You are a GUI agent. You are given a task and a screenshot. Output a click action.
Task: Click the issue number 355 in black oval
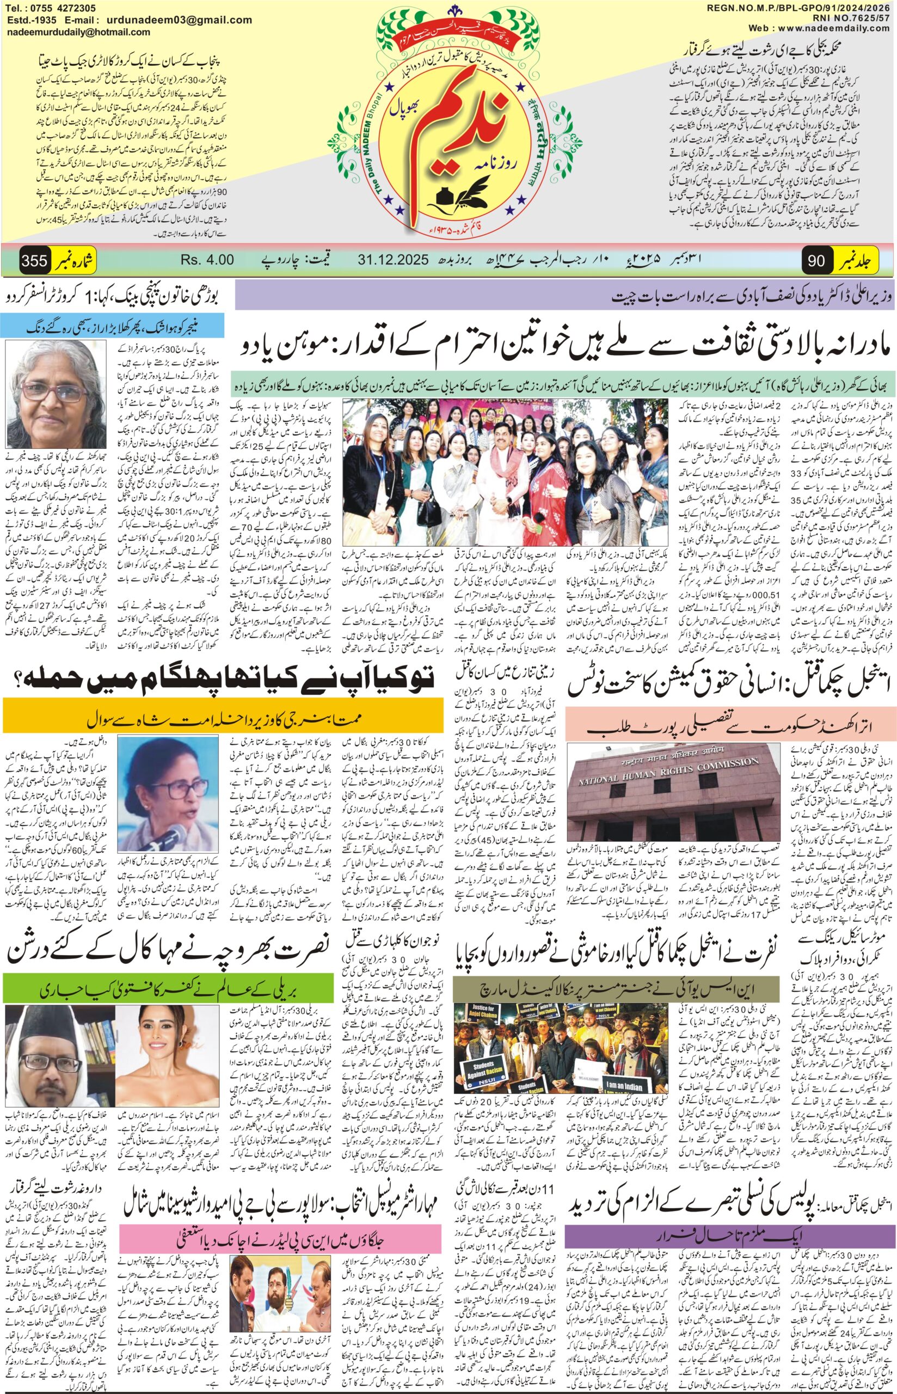point(34,260)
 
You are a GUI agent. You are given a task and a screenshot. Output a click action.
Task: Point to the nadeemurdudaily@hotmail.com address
point(78,33)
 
